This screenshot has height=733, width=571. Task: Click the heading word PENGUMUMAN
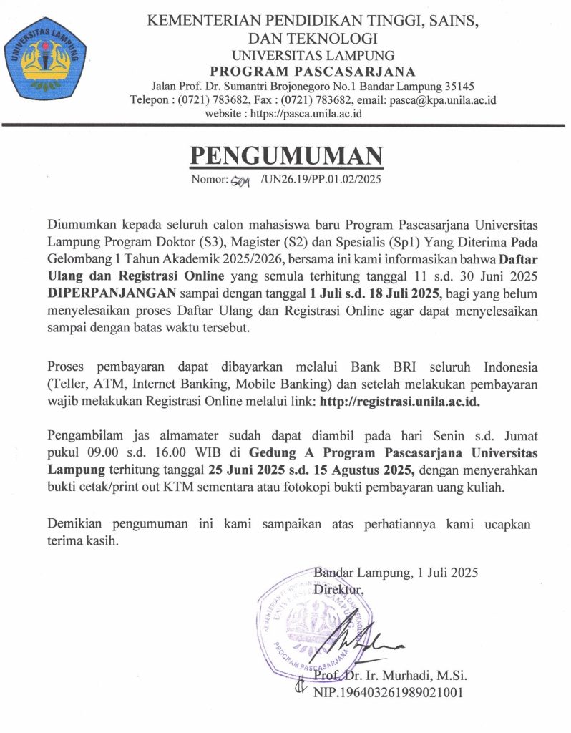(285, 155)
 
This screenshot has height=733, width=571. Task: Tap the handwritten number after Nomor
(235, 180)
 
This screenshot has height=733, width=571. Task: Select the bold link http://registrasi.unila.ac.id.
(400, 402)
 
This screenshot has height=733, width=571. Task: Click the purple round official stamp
(315, 616)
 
